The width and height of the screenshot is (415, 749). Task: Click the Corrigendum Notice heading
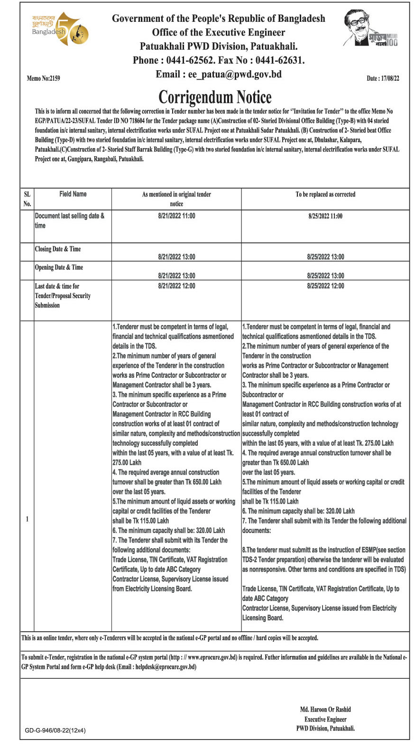pos(215,97)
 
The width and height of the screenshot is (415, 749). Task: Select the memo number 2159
pos(44,78)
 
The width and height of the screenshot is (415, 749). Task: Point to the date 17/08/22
pos(383,78)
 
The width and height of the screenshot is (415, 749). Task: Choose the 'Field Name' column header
pos(73,194)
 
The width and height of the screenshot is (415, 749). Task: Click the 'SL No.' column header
pos(27,199)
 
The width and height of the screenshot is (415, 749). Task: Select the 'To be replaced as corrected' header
pos(325,194)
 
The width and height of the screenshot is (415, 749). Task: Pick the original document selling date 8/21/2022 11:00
pos(176,216)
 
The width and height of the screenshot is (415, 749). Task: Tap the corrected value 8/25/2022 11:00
pos(325,216)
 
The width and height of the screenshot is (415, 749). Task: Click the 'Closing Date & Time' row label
pos(58,249)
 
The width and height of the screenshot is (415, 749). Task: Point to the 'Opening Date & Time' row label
pos(59,268)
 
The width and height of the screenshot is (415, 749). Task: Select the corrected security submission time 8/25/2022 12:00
pos(325,286)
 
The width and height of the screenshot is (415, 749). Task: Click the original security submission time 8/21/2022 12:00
pos(176,286)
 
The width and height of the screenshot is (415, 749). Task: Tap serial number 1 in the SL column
pos(27,519)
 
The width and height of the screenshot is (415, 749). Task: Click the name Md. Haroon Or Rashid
pos(325,710)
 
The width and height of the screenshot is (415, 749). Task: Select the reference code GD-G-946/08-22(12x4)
pos(55,730)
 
